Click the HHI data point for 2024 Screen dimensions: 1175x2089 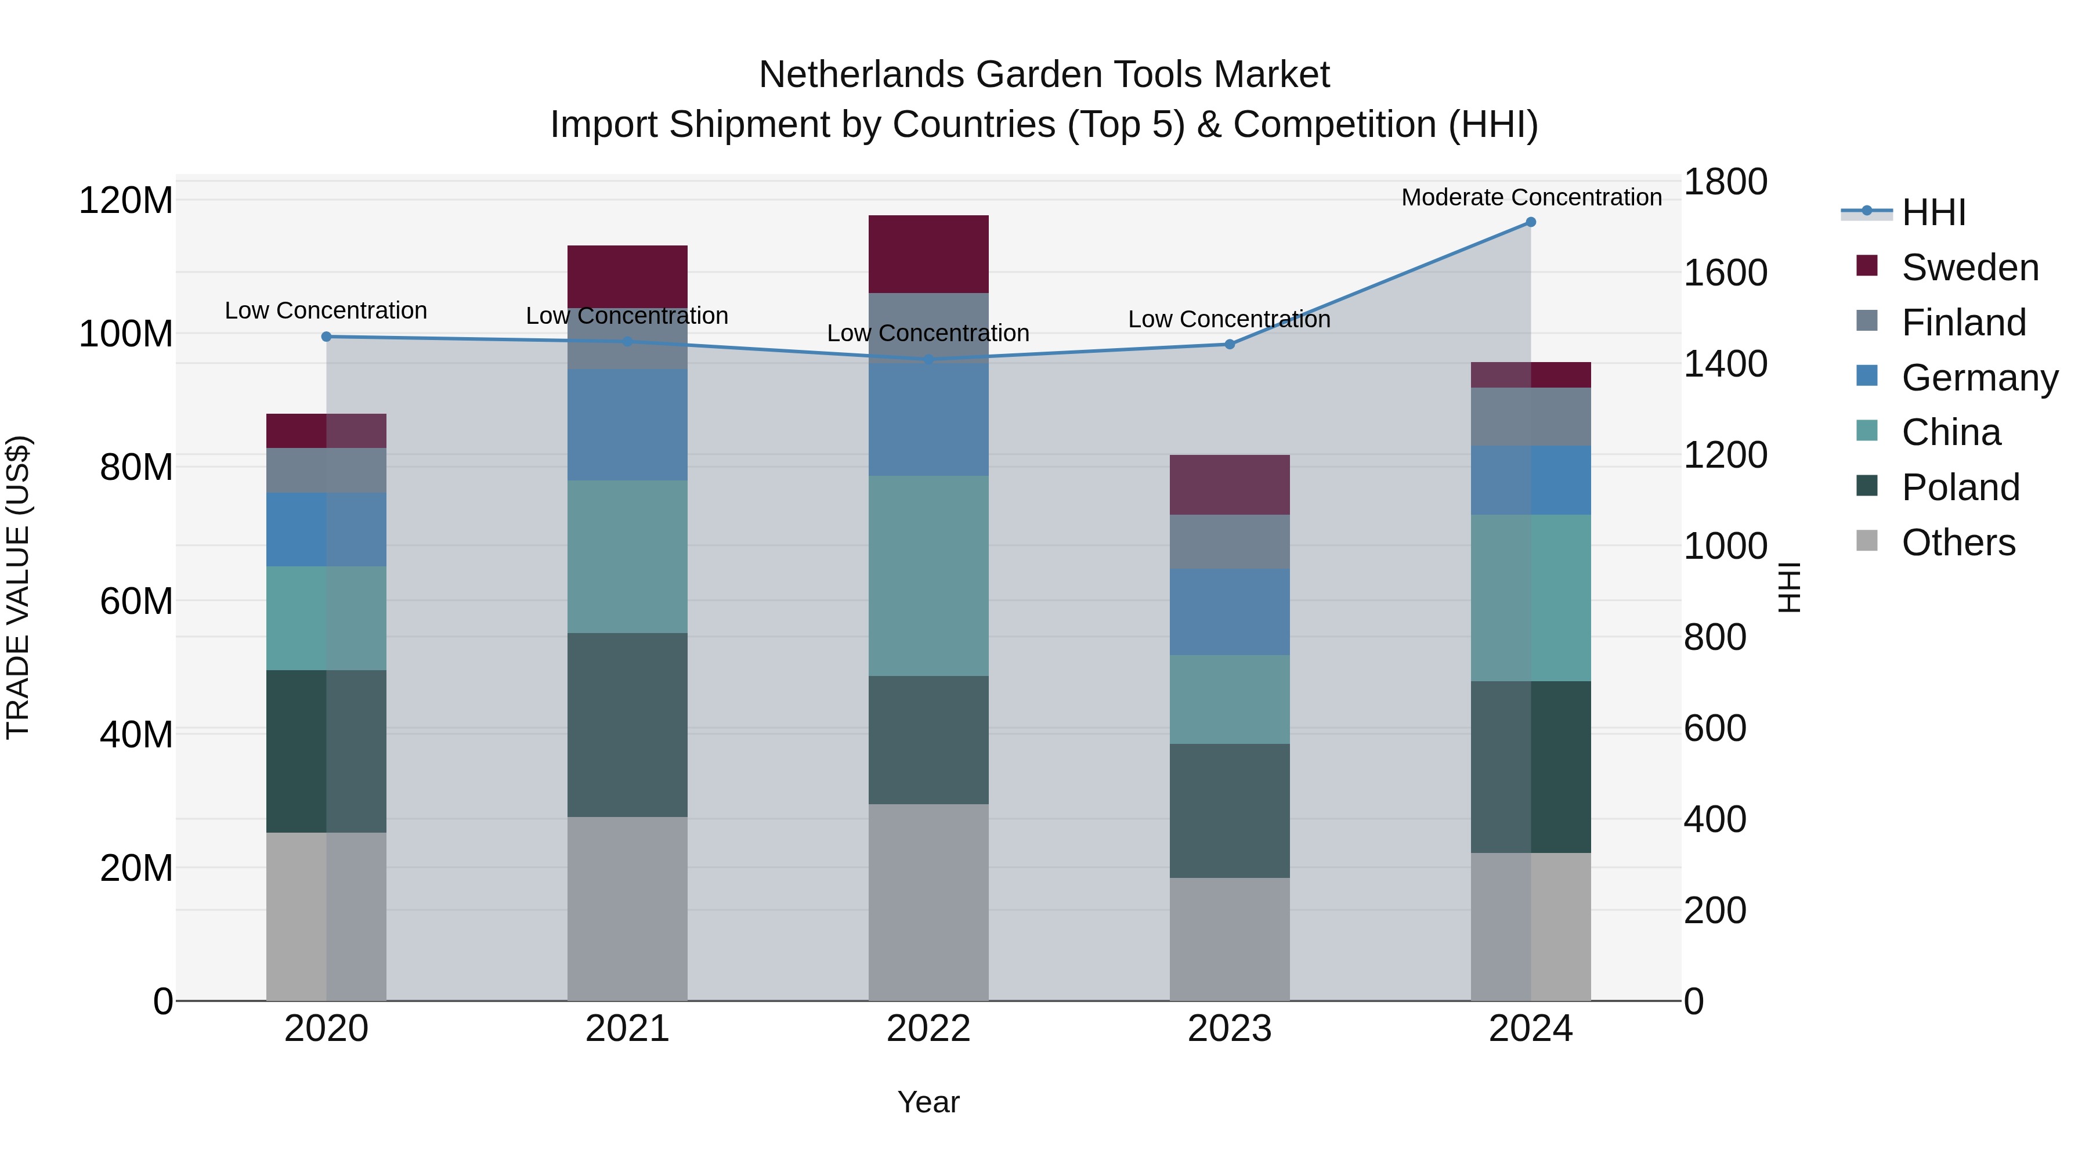pyautogui.click(x=1530, y=222)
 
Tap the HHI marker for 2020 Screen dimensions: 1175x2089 pyautogui.click(x=327, y=337)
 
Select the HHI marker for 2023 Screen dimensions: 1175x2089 pyautogui.click(x=1230, y=345)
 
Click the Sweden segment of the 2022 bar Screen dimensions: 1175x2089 pyautogui.click(x=928, y=254)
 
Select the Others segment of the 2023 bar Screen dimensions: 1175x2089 pyautogui.click(x=1230, y=938)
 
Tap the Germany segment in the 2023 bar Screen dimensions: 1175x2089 pyautogui.click(x=1230, y=612)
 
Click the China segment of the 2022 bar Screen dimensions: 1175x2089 pyautogui.click(x=928, y=575)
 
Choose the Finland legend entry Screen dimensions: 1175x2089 pyautogui.click(x=1963, y=323)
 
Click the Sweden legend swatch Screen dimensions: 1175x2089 pyautogui.click(x=1867, y=266)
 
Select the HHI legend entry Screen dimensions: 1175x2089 pyautogui.click(x=1933, y=212)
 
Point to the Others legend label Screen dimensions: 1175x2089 pyautogui.click(x=1958, y=543)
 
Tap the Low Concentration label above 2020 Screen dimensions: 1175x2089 pyautogui.click(x=326, y=310)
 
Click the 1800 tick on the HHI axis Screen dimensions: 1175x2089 pyautogui.click(x=1725, y=182)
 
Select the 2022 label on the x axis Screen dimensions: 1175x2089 pyautogui.click(x=928, y=1029)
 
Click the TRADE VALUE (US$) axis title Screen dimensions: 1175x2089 pyautogui.click(x=18, y=587)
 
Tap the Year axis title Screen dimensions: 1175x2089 pyautogui.click(x=928, y=1102)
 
